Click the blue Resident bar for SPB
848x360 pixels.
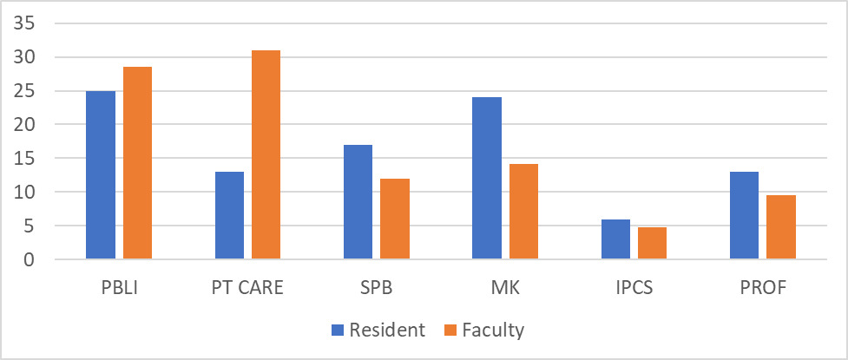[358, 202]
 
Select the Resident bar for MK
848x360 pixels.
[487, 178]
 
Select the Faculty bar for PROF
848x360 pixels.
[781, 227]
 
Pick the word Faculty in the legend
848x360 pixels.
[495, 331]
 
